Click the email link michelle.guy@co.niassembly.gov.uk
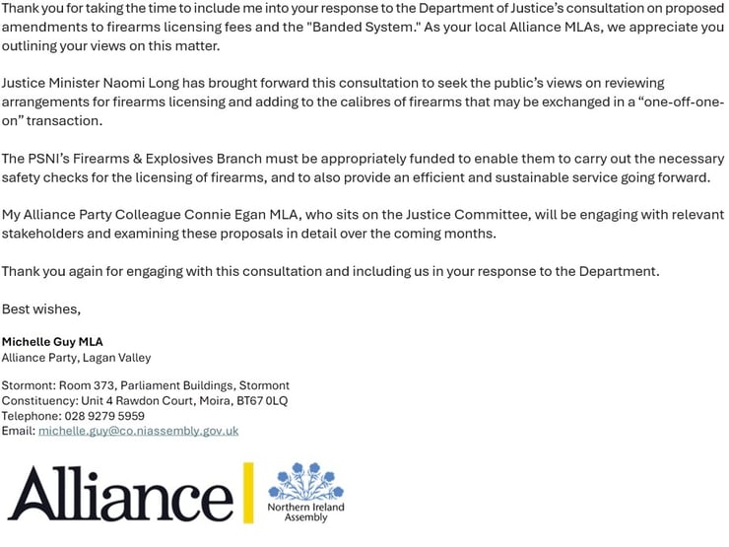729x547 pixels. [138, 431]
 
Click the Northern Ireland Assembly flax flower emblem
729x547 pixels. [305, 481]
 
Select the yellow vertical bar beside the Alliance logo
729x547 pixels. [248, 493]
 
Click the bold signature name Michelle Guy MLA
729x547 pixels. [52, 342]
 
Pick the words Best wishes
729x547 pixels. [40, 309]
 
